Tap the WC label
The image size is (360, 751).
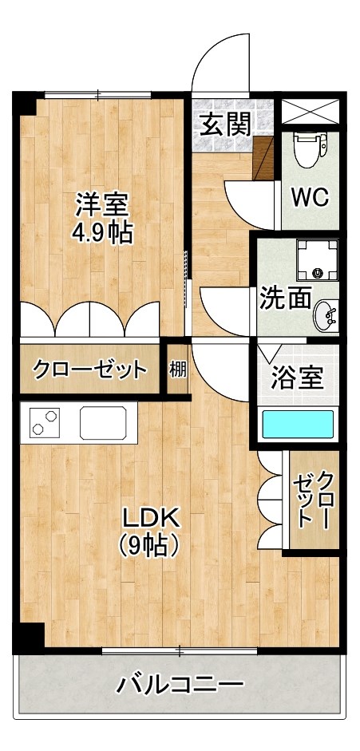pyautogui.click(x=310, y=197)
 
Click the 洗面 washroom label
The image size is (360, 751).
pyautogui.click(x=284, y=298)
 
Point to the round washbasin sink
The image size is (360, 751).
pyautogui.click(x=325, y=315)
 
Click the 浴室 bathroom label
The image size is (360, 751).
pyautogui.click(x=298, y=377)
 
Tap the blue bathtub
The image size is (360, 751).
pyautogui.click(x=299, y=424)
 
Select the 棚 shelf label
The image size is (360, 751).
pyautogui.click(x=177, y=370)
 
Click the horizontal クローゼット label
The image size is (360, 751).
pyautogui.click(x=90, y=370)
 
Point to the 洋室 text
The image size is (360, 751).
pyautogui.click(x=102, y=205)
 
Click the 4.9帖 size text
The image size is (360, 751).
pyautogui.click(x=102, y=233)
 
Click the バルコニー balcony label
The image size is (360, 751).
pyautogui.click(x=180, y=684)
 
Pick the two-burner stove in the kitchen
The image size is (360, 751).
pyautogui.click(x=45, y=421)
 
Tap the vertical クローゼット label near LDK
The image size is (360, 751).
pyautogui.click(x=314, y=500)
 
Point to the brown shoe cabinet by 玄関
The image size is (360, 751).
pyautogui.click(x=264, y=156)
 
